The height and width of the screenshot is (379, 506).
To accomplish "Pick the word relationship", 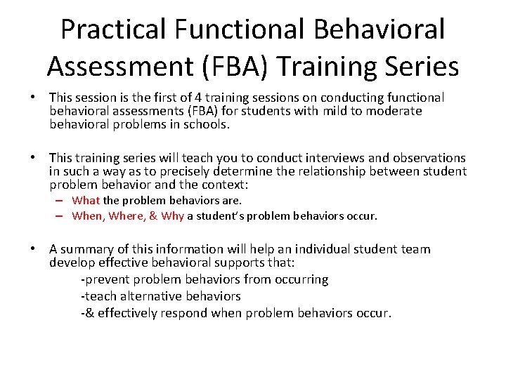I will [x=330, y=171].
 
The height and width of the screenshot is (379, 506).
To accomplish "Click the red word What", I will [x=86, y=201].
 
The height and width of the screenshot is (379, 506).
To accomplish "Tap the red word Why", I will [x=172, y=216].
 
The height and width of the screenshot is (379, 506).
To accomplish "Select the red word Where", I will [x=126, y=216].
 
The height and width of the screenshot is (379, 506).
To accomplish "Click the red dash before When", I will [x=62, y=216].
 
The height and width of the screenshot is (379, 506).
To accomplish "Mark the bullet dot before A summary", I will [x=34, y=249].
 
